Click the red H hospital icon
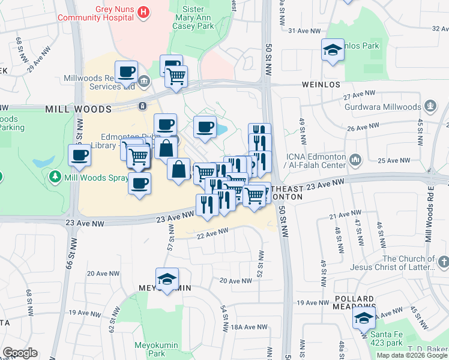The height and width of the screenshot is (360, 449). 143,11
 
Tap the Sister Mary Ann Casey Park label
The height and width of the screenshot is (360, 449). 193,17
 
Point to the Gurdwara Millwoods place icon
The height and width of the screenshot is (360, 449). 430,107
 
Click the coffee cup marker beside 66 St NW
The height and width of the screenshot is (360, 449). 79,156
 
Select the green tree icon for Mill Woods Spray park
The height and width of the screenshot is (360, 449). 55,177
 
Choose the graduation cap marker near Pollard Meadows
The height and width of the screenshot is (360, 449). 364,319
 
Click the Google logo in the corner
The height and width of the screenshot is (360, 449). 20,353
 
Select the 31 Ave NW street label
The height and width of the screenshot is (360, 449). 301,30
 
